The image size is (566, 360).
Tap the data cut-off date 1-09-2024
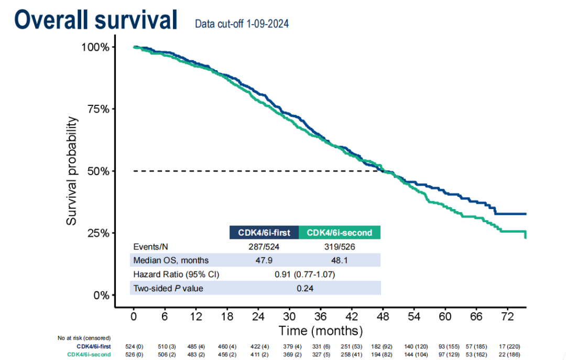pyautogui.click(x=242, y=24)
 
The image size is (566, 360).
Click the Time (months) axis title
pyautogui.click(x=320, y=331)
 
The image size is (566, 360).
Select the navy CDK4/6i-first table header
pyautogui.click(x=264, y=233)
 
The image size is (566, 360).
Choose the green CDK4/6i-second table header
pyautogui.click(x=339, y=233)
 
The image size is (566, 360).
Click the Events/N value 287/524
pyautogui.click(x=264, y=247)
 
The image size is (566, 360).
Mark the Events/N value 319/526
pyautogui.click(x=339, y=247)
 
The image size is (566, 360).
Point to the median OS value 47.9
pyautogui.click(x=264, y=260)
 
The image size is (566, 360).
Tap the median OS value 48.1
pyautogui.click(x=339, y=260)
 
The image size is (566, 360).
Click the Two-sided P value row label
pyautogui.click(x=168, y=288)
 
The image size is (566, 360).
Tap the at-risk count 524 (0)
pyautogui.click(x=134, y=346)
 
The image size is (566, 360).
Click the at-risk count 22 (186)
pyautogui.click(x=507, y=355)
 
